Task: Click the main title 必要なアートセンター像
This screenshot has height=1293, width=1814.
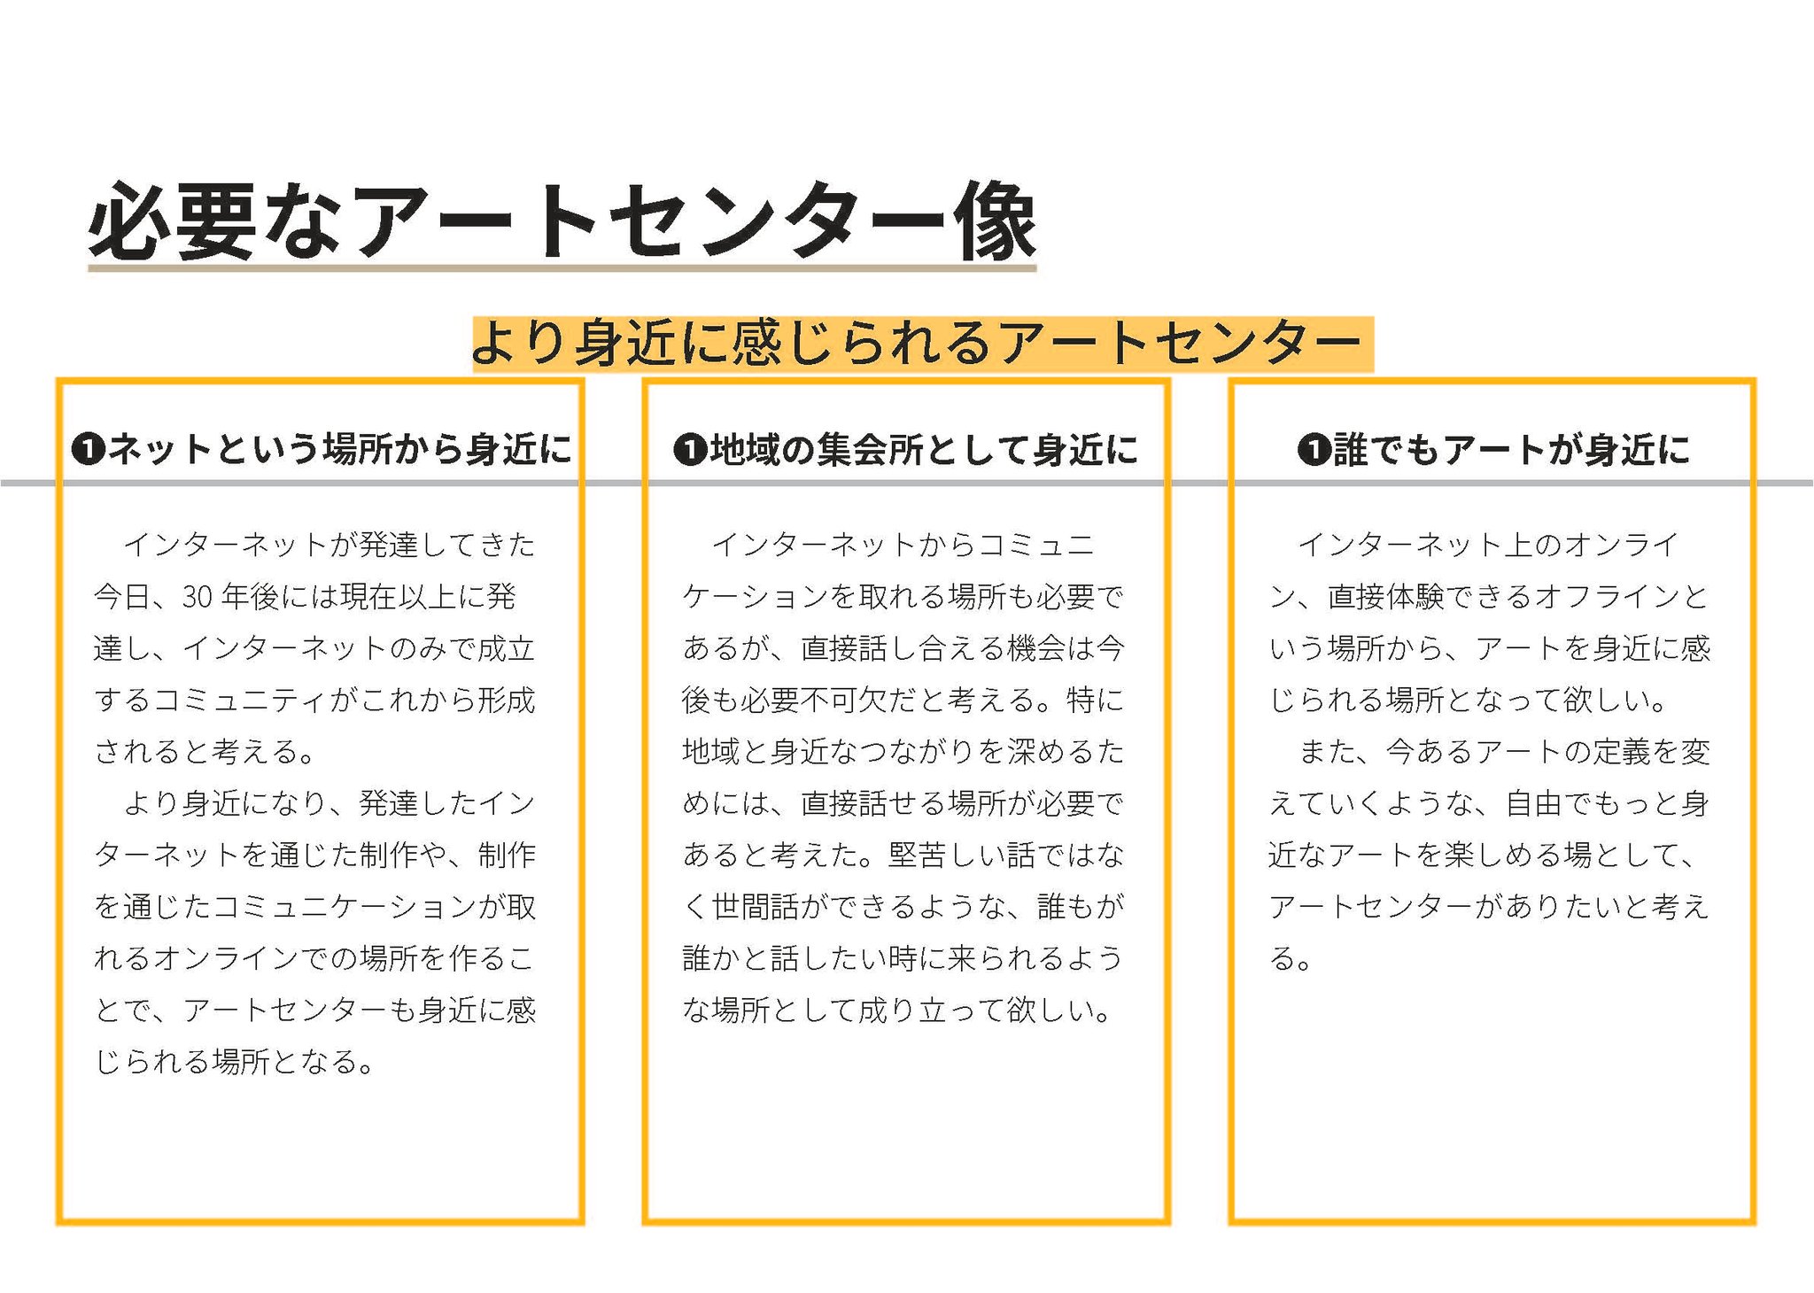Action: point(562,221)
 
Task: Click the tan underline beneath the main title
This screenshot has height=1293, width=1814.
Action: point(562,267)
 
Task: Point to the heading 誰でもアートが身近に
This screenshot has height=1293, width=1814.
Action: point(1509,449)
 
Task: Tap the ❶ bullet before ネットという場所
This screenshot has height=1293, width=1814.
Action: point(88,450)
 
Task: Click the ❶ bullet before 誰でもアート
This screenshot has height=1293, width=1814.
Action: point(1314,450)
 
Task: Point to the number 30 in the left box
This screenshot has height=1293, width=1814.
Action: point(198,597)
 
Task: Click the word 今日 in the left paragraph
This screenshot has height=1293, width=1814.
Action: point(123,597)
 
